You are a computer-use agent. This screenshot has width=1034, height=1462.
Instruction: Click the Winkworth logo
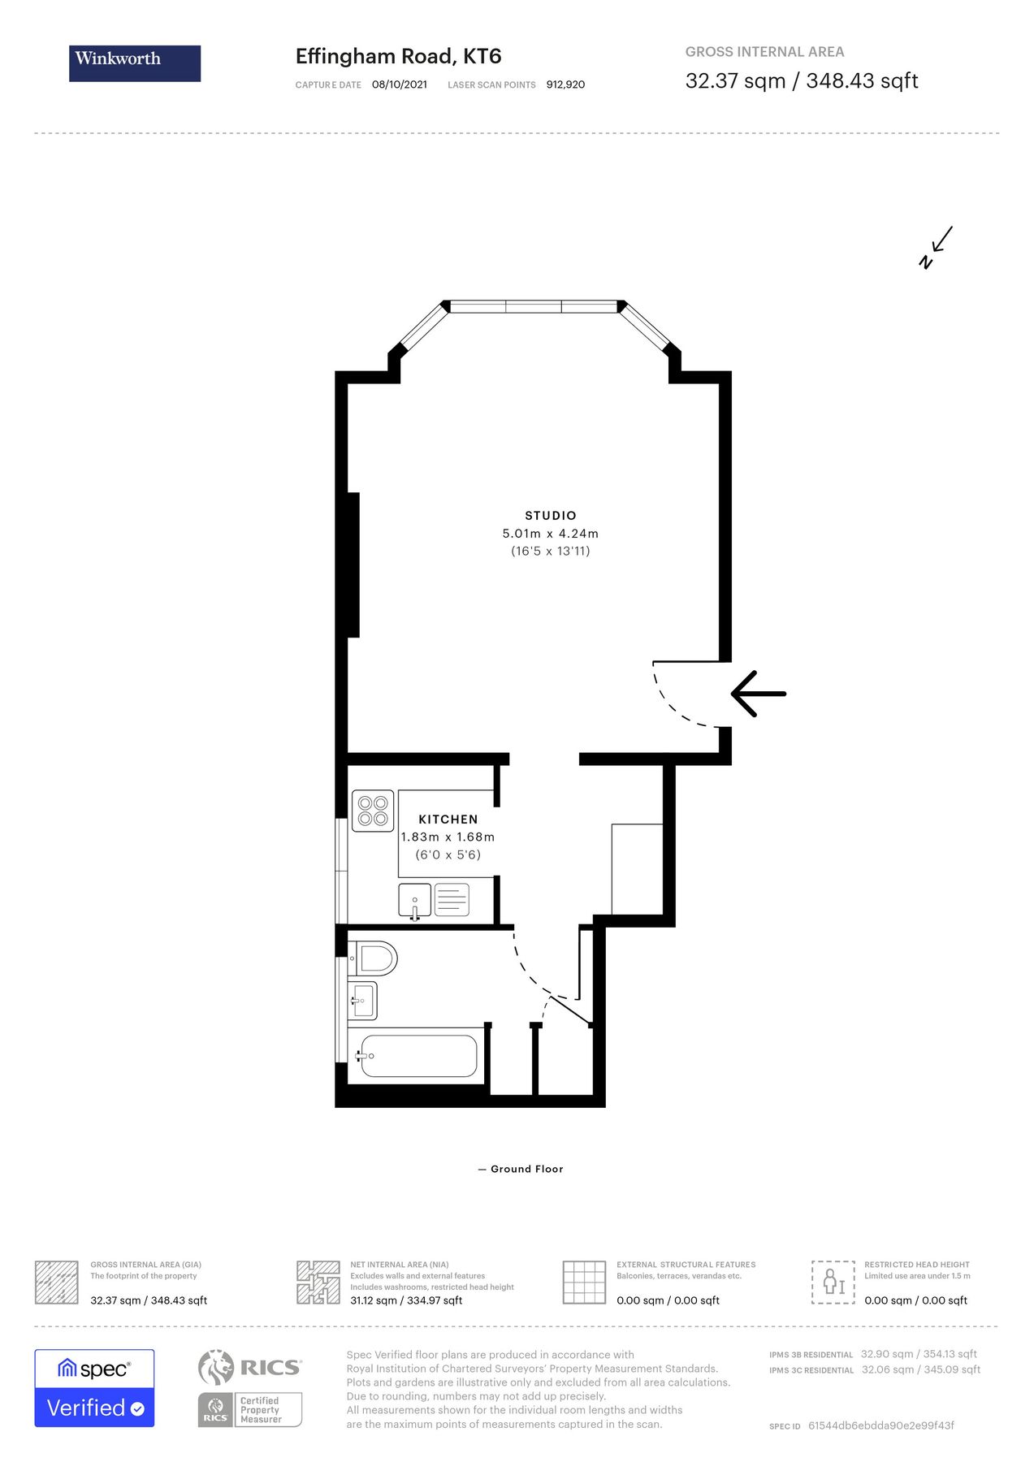point(135,63)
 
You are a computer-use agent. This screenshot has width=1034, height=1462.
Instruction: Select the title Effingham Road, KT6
point(398,56)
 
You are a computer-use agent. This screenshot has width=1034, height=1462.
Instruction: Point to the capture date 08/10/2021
point(399,84)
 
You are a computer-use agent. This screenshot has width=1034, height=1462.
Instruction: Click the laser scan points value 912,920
point(565,84)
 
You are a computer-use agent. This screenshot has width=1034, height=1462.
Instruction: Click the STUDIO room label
point(550,515)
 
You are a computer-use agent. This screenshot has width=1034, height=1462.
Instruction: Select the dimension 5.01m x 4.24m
point(550,534)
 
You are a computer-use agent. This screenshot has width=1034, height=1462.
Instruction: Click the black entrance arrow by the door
point(758,694)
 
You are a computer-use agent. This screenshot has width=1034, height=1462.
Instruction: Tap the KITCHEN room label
point(448,819)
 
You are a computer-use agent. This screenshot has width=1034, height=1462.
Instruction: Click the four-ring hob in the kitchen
point(373,811)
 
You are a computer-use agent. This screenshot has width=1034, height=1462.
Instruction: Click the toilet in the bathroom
point(374,958)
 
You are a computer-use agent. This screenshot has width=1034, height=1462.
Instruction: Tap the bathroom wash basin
point(364,1001)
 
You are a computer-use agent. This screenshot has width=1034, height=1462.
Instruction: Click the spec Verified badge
point(94,1388)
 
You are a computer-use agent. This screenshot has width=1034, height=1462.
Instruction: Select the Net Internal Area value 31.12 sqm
point(406,1300)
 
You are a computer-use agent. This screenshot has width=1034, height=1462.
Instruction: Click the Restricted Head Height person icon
point(833,1282)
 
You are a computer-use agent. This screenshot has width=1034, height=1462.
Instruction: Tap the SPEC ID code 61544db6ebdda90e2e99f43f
point(880,1425)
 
